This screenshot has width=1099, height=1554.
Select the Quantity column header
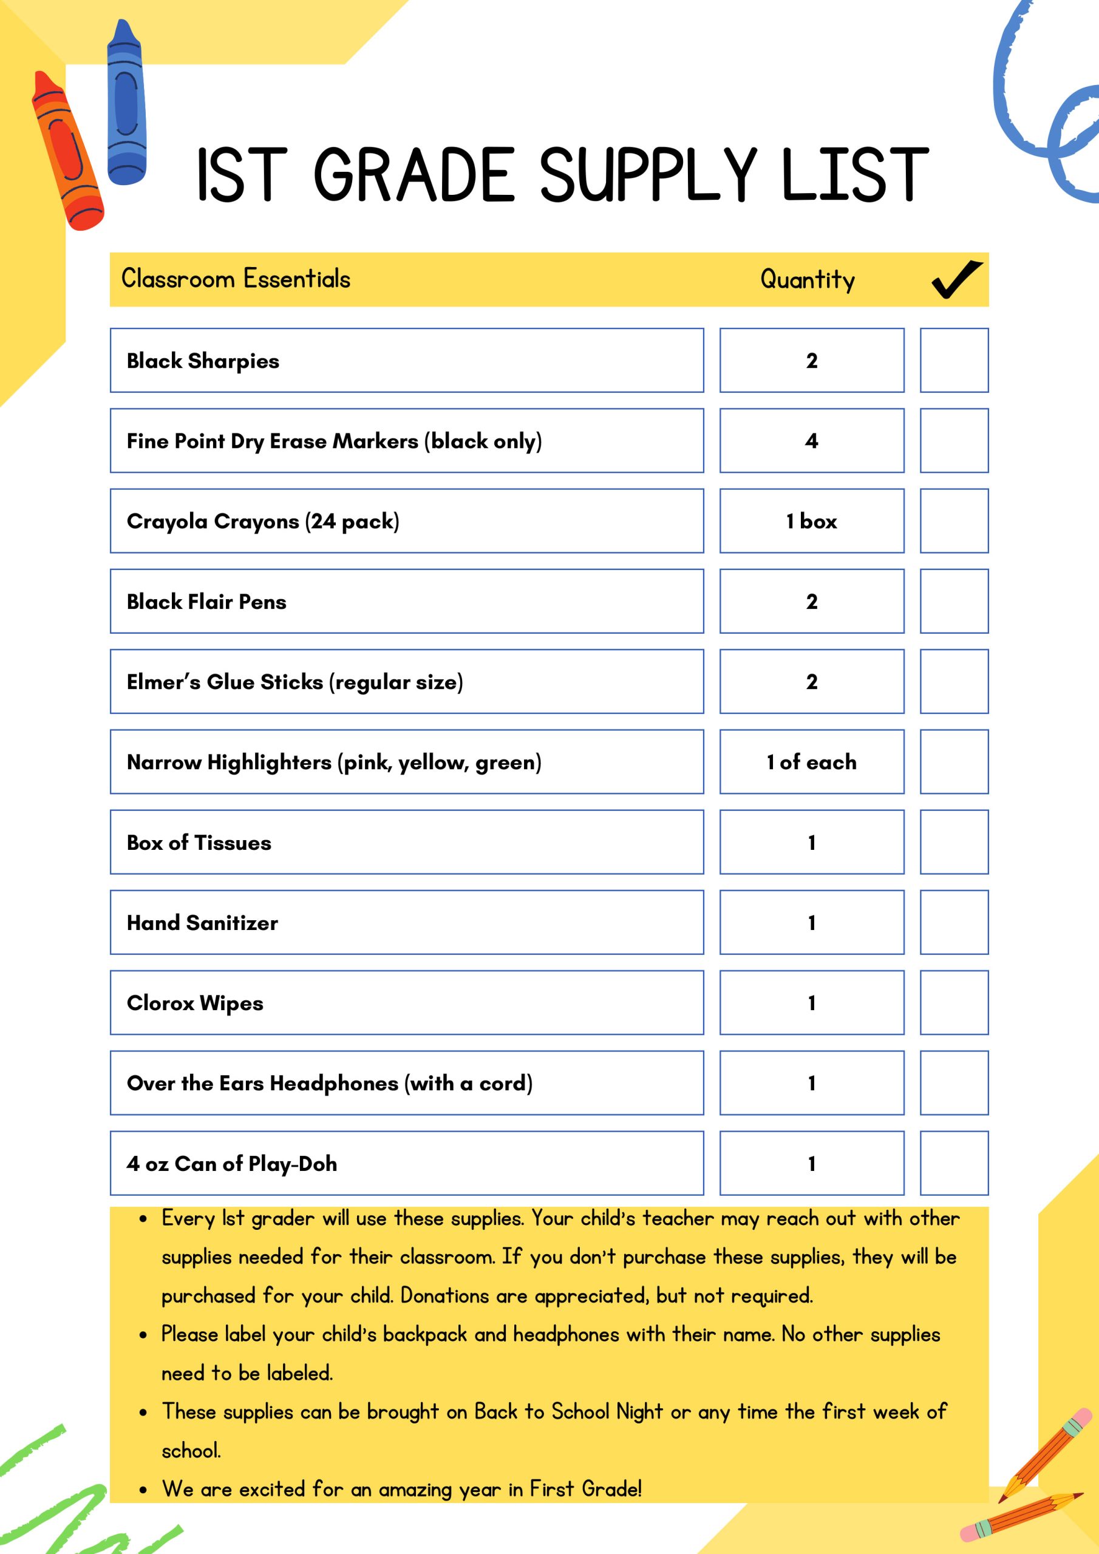[807, 279]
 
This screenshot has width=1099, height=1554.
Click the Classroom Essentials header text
[236, 279]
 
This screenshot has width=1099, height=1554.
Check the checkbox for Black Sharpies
[953, 361]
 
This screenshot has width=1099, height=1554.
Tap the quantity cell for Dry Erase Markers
[811, 441]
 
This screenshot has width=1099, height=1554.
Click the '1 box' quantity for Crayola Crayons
[811, 521]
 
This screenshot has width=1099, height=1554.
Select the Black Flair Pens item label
[206, 602]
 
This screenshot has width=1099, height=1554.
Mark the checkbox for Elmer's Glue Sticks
[953, 682]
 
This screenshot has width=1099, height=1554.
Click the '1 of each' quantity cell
[811, 762]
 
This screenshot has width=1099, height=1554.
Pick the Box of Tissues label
[199, 843]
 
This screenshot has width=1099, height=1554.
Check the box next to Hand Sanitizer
[953, 923]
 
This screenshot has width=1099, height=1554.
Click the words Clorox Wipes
[195, 1003]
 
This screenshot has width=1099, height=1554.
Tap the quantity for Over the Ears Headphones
[811, 1083]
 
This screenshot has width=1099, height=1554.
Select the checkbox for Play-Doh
[953, 1164]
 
